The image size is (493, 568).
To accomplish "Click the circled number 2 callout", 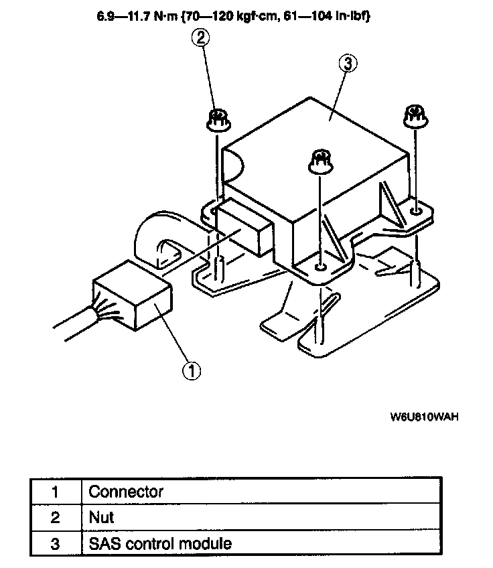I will pyautogui.click(x=202, y=38).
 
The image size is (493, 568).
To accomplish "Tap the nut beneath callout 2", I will pyautogui.click(x=216, y=120).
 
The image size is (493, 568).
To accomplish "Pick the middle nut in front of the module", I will pyautogui.click(x=320, y=162).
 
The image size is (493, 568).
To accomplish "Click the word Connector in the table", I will pyautogui.click(x=126, y=492).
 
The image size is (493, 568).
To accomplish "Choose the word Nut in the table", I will pyautogui.click(x=101, y=517).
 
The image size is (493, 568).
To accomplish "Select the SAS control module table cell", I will pyautogui.click(x=160, y=543).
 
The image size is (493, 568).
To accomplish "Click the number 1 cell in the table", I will pyautogui.click(x=55, y=492).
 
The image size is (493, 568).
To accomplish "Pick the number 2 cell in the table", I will pyautogui.click(x=55, y=517).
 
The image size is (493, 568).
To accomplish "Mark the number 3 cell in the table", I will pyautogui.click(x=55, y=543).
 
